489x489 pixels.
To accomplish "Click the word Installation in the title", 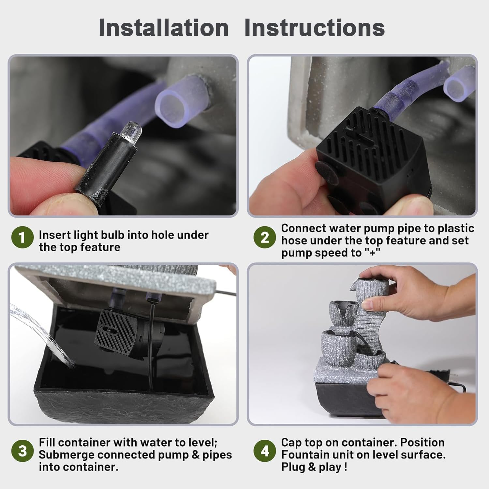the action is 164,28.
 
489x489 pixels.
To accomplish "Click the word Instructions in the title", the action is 315,28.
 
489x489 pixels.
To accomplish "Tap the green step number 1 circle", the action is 22,237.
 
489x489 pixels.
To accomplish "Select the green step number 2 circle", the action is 265,237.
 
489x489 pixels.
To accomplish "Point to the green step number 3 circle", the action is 22,452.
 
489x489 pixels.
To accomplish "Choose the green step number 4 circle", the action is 265,452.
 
